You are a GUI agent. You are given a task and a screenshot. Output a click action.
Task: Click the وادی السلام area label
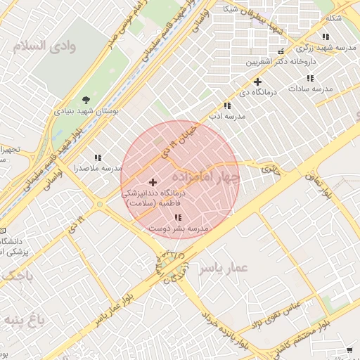click(41, 46)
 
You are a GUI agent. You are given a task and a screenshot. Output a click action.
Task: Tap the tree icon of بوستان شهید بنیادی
click(86, 100)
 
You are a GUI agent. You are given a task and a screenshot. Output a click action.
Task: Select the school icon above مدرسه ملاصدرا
click(98, 158)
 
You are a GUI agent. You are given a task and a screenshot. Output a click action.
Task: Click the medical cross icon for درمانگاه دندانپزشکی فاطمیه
click(153, 182)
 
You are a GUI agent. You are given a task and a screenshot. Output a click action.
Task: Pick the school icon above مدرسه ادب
click(226, 105)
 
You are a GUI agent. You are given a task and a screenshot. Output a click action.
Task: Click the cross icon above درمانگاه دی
click(258, 82)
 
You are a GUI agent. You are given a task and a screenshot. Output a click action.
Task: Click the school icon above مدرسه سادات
click(310, 78)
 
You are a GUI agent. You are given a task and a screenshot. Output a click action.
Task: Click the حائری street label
click(270, 169)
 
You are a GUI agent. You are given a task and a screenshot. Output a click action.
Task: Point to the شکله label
click(333, 18)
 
